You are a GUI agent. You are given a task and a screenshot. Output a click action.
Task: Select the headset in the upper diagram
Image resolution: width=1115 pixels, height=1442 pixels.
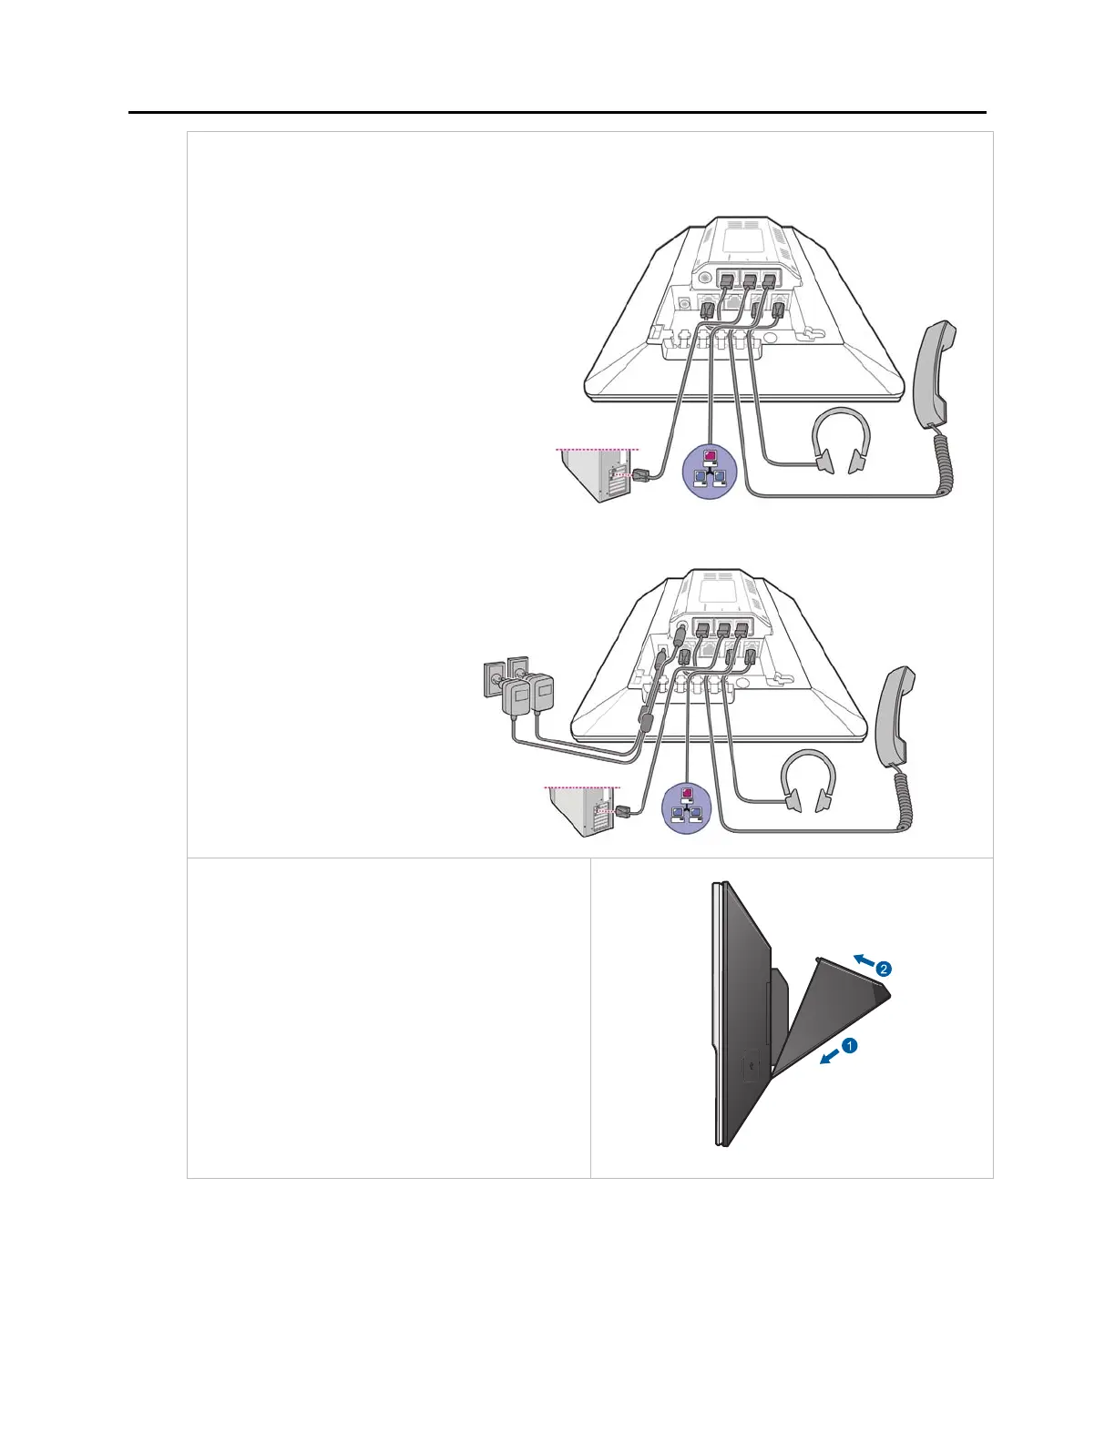(x=840, y=442)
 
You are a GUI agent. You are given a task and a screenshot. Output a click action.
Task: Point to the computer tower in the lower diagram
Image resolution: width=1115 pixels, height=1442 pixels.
(x=582, y=811)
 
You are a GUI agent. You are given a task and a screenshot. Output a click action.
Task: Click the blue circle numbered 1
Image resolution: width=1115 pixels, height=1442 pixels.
(x=849, y=1046)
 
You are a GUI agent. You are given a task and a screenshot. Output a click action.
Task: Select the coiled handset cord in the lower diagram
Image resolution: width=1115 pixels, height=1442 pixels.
(x=905, y=799)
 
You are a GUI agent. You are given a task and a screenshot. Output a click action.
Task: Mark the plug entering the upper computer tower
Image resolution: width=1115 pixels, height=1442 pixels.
(x=639, y=475)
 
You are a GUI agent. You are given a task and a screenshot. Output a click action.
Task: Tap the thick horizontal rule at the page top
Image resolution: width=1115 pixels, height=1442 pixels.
(x=557, y=113)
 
